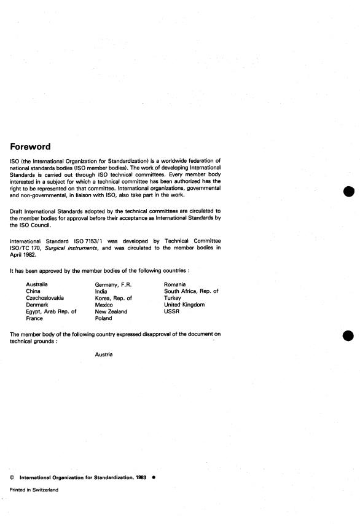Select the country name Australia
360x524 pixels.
point(37,284)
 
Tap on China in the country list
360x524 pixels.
point(33,291)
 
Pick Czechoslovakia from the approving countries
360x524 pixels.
point(45,298)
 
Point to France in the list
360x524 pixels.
point(35,319)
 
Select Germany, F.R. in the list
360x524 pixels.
point(114,284)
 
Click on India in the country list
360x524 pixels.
point(101,291)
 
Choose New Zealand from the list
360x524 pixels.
point(111,311)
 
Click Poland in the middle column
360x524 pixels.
point(104,319)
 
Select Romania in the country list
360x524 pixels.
point(176,284)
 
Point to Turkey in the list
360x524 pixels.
point(173,298)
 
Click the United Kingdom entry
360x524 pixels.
point(184,305)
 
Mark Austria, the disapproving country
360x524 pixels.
point(104,354)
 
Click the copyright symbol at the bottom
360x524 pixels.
point(12,477)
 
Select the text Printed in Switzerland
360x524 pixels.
point(34,490)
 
